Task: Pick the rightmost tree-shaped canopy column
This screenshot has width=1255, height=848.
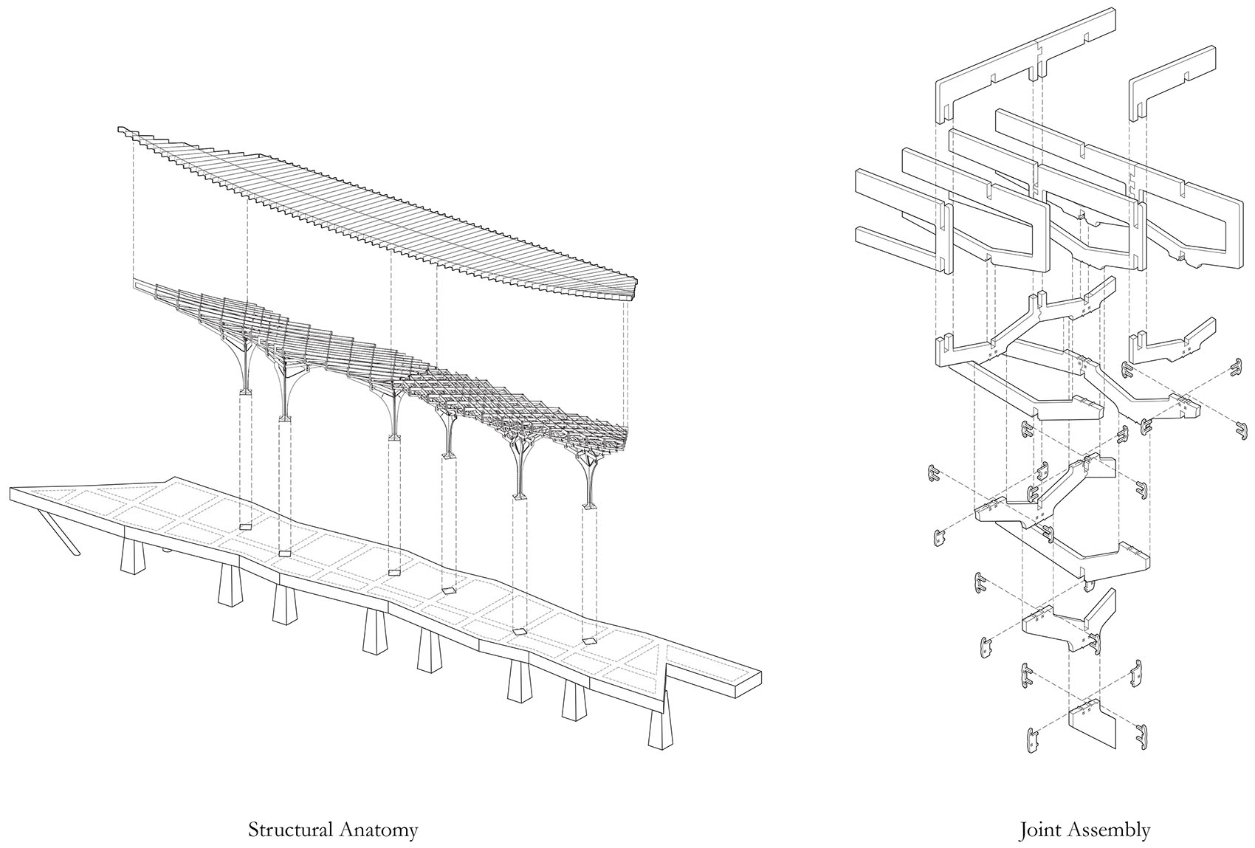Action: [589, 480]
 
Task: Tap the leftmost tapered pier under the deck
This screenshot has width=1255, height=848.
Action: [133, 558]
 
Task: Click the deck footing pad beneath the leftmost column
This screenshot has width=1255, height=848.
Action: [245, 525]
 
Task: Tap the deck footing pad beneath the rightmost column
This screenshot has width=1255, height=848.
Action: [590, 641]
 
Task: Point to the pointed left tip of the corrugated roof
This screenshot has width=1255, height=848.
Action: [120, 131]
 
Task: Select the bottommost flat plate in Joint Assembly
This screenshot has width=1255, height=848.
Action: [1092, 729]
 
